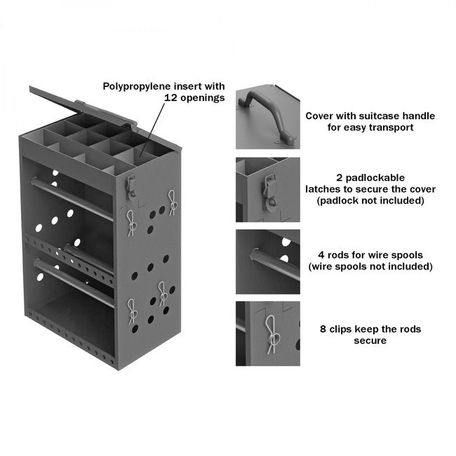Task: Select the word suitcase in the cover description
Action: [x=382, y=115]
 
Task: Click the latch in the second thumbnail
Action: [x=269, y=187]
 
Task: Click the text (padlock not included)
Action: [x=370, y=201]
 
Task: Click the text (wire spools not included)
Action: [x=370, y=267]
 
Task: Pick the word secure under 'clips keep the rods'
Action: [x=370, y=341]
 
